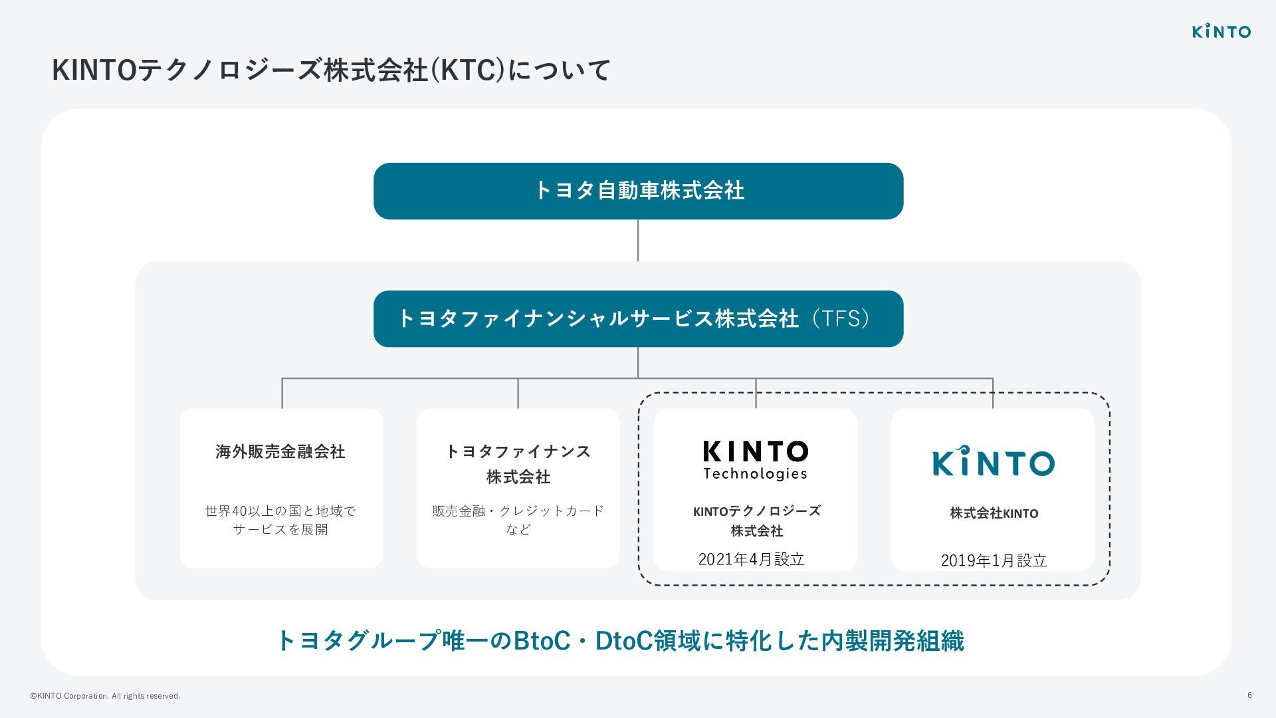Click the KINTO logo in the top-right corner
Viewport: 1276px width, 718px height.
coord(1221,31)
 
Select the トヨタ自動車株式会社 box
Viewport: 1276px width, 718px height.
coord(638,191)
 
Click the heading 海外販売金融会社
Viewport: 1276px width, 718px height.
coord(280,452)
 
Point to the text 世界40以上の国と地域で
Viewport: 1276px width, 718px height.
coord(280,511)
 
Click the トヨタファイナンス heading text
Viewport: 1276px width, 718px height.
coord(518,452)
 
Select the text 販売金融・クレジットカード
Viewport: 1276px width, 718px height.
coord(518,511)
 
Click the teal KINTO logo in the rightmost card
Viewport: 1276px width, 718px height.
coord(993,461)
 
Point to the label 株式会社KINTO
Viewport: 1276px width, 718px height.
coord(994,513)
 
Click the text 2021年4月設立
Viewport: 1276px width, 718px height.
coord(751,560)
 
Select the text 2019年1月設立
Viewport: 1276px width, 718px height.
coord(994,561)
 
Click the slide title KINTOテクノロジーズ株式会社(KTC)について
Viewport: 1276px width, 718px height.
coord(331,70)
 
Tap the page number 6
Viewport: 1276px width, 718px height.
coord(1249,695)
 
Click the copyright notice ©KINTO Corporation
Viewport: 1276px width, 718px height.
coord(104,696)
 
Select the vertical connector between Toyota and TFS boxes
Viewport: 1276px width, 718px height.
coord(638,240)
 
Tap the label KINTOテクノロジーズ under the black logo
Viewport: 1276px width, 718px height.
coord(756,511)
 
